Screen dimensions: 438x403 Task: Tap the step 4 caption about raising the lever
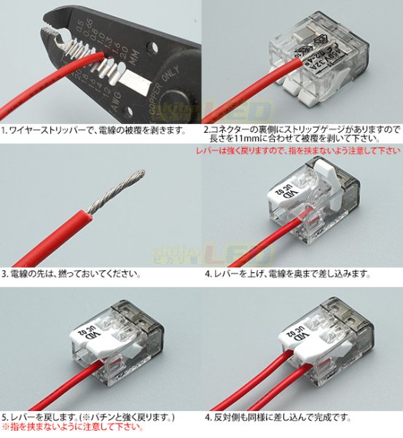(x=289, y=275)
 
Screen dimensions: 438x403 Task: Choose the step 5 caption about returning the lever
(x=87, y=418)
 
